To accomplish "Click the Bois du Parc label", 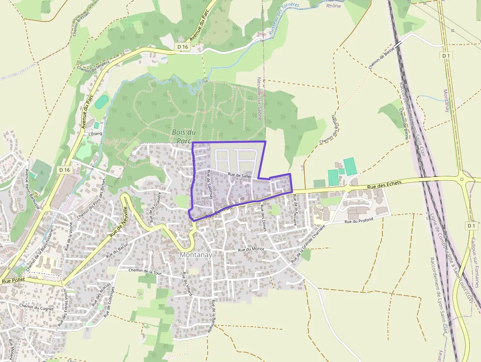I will [184, 136].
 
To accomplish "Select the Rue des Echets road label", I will [384, 184].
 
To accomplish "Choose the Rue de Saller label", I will [240, 175].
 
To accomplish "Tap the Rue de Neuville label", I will [118, 222].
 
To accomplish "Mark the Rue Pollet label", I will [13, 281].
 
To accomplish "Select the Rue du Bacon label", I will [117, 250].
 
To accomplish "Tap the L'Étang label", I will [94, 133].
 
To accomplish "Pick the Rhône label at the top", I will [333, 6].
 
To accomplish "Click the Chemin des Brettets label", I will [329, 130].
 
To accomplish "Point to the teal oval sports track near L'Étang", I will [101, 102].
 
